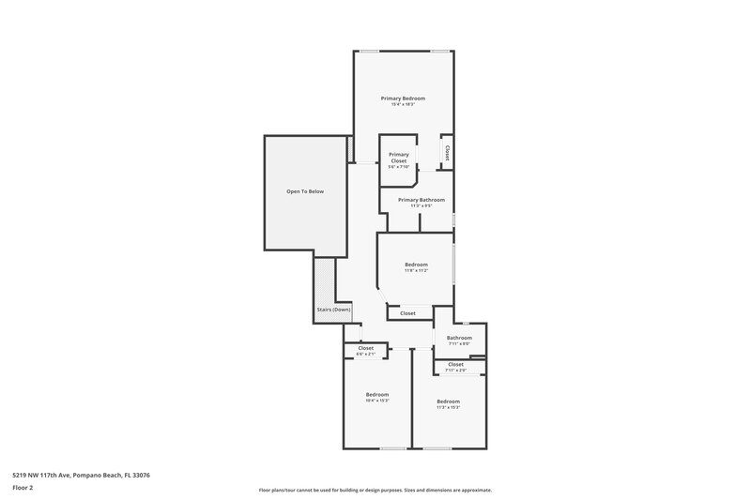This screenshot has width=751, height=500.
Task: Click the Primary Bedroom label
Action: click(403, 98)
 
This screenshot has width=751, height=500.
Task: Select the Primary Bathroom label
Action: click(421, 200)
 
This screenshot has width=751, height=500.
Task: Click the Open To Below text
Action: click(305, 191)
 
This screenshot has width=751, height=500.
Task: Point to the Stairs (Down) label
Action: click(333, 310)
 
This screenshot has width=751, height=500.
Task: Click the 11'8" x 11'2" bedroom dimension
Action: click(416, 271)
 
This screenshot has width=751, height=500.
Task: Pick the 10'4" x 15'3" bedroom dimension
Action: click(376, 401)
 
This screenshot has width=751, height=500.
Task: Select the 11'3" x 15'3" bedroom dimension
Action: click(448, 407)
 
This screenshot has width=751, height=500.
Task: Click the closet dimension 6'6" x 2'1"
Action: click(365, 355)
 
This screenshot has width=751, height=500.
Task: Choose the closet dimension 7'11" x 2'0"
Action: click(455, 371)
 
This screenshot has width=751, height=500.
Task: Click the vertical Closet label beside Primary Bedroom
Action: click(448, 152)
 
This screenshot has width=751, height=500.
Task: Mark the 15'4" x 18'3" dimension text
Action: click(403, 104)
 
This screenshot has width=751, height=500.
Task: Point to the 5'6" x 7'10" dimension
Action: click(399, 167)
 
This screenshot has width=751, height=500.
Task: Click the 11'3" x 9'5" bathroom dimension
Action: click(421, 205)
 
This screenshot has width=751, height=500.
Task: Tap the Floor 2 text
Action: click(23, 488)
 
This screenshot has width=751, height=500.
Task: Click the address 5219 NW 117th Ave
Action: click(81, 476)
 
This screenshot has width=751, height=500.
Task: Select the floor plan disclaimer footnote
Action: click(375, 490)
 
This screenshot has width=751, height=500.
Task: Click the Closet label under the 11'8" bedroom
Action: click(407, 313)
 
